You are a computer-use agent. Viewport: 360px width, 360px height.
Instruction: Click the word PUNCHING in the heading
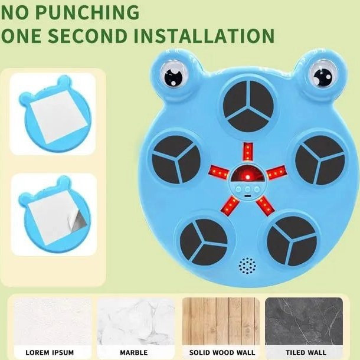pos(87,12)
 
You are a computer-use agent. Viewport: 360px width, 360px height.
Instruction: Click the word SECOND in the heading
pos(87,35)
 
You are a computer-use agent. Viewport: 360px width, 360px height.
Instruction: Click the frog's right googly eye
pos(323,74)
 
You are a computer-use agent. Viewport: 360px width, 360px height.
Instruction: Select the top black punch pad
pos(248,106)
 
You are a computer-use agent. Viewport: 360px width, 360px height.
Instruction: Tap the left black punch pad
pos(176,160)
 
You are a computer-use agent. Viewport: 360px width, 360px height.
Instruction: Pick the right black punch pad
pos(320,160)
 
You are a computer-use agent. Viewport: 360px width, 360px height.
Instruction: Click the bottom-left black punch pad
pos(204,242)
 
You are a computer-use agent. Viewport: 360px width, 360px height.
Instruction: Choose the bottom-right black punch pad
pos(292,241)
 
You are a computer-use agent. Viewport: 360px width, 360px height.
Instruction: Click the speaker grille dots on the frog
pos(247,266)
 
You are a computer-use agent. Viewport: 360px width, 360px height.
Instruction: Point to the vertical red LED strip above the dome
pos(248,152)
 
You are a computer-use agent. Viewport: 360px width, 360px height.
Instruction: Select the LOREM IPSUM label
pos(50,352)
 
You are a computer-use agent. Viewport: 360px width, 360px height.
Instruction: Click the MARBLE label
pos(134,352)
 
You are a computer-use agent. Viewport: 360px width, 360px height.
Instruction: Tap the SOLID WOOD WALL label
pos(222,352)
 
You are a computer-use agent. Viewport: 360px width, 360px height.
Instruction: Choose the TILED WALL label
pos(306,352)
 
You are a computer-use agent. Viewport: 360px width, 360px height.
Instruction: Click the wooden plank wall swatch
pos(221,321)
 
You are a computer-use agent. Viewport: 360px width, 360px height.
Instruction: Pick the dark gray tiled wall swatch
pos(304,321)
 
